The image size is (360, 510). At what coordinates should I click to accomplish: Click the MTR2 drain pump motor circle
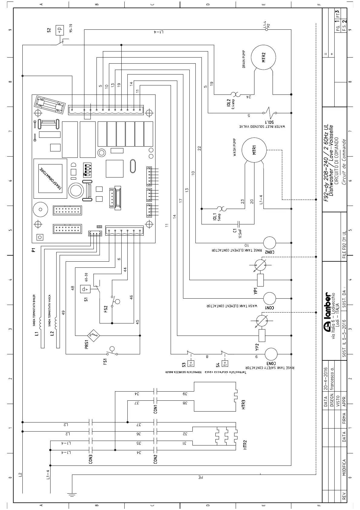pos(263,57)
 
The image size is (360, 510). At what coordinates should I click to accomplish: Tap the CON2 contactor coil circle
pos(269,243)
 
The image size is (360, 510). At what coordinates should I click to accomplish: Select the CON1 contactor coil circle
pos(269,298)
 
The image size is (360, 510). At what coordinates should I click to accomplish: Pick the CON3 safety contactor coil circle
pos(271,354)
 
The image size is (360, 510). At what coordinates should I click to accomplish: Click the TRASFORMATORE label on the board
pos(50,179)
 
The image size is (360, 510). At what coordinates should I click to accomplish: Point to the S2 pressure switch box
pos(59,30)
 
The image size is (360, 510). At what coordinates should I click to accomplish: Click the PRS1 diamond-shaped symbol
pos(93,335)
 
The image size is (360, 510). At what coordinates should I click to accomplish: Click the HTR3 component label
pos(244,405)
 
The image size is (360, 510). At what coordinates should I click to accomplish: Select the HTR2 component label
pos(245,445)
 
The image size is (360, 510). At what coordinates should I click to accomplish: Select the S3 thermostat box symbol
pos(191,363)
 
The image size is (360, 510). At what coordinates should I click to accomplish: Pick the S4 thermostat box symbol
pos(225,363)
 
